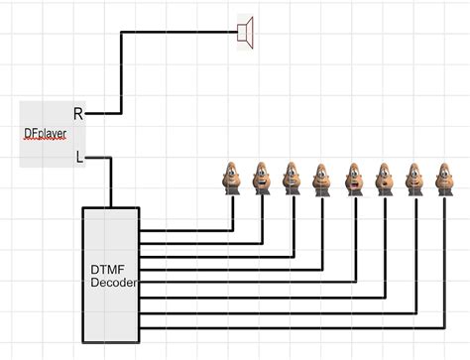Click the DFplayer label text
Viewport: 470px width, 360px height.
point(44,133)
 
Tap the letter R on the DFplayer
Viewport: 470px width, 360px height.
point(78,114)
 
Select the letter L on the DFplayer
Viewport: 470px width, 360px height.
point(79,156)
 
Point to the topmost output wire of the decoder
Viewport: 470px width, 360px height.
point(183,230)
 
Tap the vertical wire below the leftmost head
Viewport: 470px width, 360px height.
point(231,213)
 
